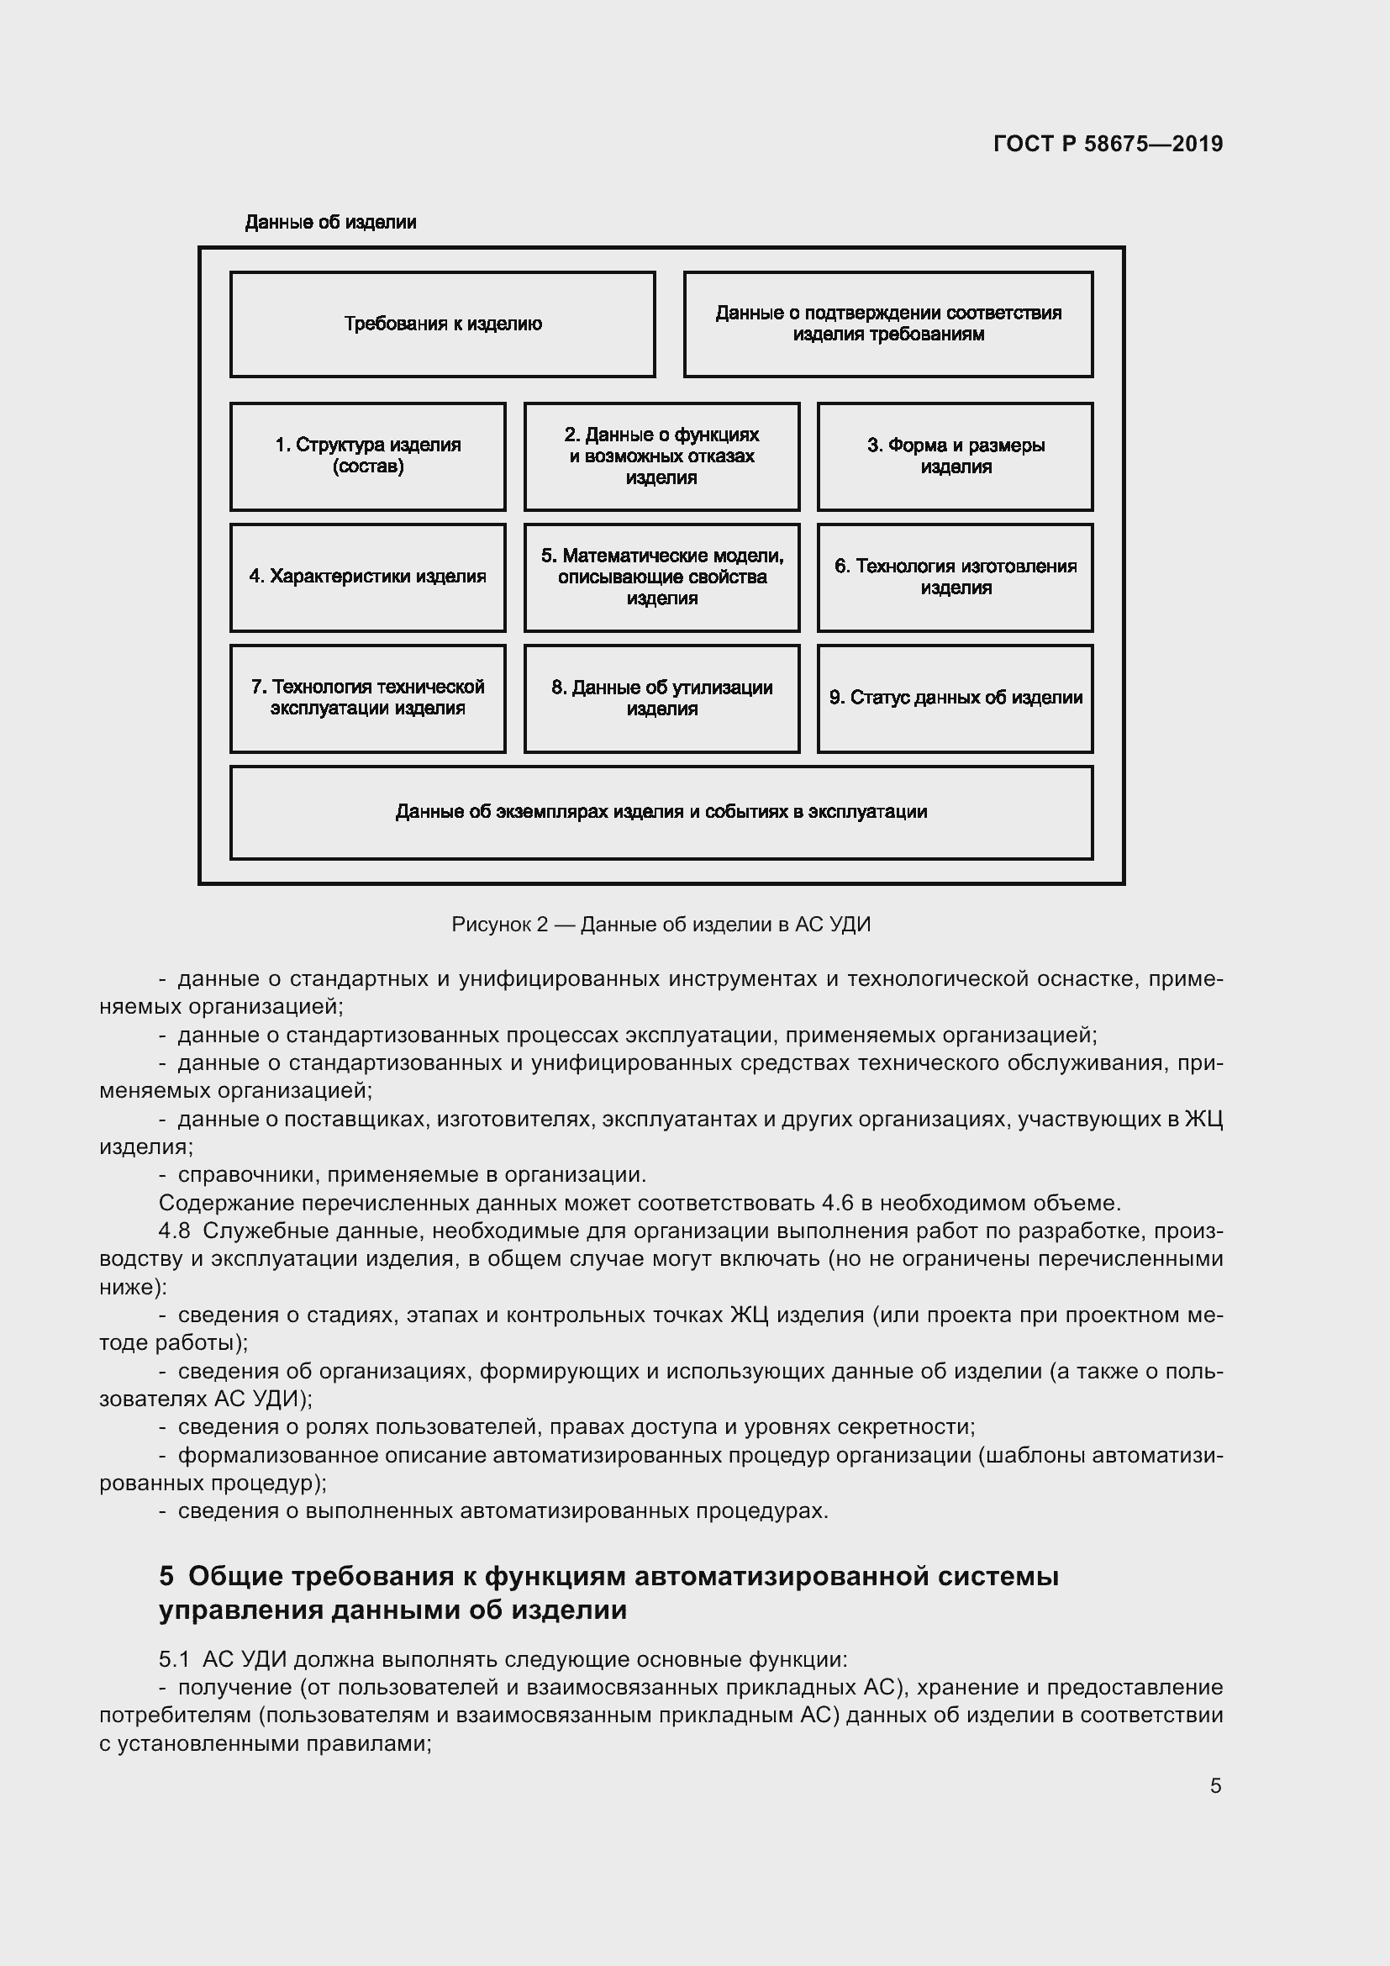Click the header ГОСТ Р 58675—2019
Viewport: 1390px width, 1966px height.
(1108, 144)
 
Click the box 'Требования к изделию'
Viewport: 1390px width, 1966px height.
(443, 324)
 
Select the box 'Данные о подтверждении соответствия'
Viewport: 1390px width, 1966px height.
(887, 324)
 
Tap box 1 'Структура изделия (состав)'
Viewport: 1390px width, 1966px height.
(368, 456)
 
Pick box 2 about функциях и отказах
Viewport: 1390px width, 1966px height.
(661, 456)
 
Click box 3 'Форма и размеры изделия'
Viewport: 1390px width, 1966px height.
(956, 456)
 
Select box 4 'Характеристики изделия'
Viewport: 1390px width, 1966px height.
(368, 577)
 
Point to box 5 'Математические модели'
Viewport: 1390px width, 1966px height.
(661, 577)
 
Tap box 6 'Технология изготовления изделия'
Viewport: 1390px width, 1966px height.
(956, 577)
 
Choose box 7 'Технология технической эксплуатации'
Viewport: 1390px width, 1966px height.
(368, 698)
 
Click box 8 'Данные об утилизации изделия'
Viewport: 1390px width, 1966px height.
(661, 698)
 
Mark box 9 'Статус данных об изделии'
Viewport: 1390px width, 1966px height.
(956, 698)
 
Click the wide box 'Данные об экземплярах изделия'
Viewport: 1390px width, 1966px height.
(661, 812)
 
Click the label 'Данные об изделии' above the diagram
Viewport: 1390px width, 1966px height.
(330, 223)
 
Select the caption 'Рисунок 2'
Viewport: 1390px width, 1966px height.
(499, 925)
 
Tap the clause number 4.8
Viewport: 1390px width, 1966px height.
(174, 1231)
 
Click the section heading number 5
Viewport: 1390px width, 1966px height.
(166, 1576)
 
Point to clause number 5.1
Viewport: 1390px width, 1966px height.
(174, 1659)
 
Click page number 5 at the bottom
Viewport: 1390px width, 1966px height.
(1215, 1786)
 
